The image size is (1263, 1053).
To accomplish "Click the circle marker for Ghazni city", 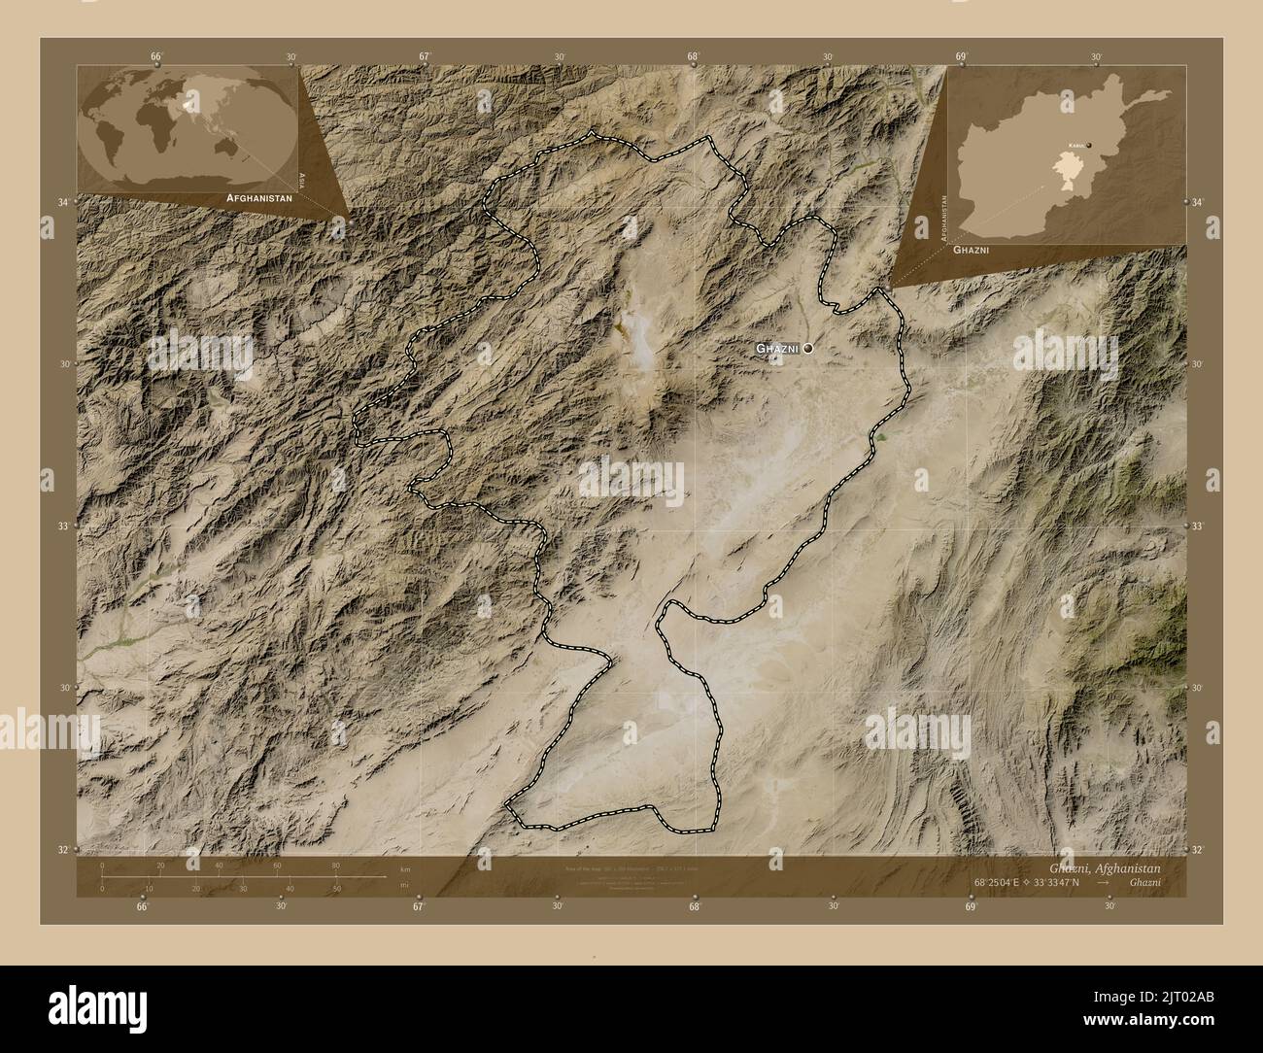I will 807,348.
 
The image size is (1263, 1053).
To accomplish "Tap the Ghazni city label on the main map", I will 777,348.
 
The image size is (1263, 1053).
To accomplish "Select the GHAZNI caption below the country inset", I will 975,251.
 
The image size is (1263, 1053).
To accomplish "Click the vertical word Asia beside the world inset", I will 303,180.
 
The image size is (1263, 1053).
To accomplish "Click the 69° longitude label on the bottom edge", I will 971,906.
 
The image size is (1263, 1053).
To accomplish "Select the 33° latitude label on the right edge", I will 1199,526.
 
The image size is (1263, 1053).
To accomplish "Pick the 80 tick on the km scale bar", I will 335,865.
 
